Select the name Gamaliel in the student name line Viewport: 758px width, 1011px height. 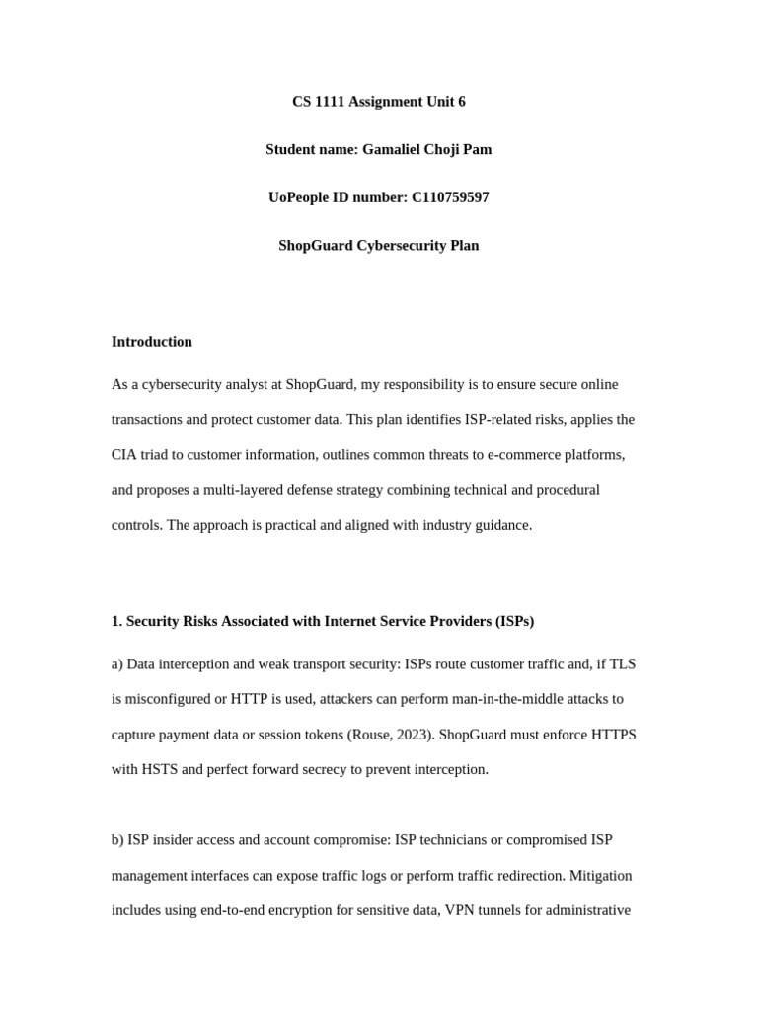click(394, 150)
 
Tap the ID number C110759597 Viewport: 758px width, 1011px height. click(450, 197)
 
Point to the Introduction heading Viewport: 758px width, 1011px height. click(152, 342)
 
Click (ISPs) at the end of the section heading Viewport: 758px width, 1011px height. click(511, 621)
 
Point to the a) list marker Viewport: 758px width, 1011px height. click(117, 664)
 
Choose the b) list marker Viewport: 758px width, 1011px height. click(117, 840)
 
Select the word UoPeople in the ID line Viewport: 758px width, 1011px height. click(301, 197)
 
